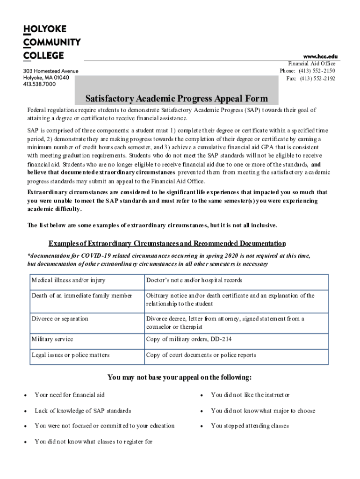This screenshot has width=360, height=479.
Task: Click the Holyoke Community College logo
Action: click(51, 43)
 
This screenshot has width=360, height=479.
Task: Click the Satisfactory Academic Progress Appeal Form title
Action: click(176, 99)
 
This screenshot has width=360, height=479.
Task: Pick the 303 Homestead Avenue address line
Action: click(51, 71)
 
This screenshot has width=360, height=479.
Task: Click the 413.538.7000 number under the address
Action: click(40, 84)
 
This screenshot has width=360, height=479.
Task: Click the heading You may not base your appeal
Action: click(180, 377)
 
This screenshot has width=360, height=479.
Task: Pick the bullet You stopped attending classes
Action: click(250, 426)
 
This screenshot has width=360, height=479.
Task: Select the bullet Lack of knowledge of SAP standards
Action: click(83, 411)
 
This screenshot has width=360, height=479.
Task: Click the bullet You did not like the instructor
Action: click(250, 395)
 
